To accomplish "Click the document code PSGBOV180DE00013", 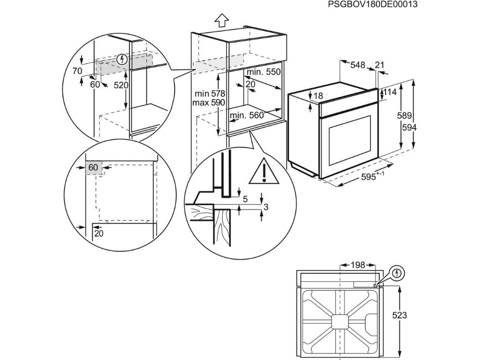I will pos(372,4).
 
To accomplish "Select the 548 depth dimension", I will pos(358,66).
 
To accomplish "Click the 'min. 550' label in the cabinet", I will pos(263,72).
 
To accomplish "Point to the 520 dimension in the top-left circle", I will pos(121,85).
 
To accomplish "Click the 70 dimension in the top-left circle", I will pos(77,71).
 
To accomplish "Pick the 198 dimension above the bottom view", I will pos(357,265).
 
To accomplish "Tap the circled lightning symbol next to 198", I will pos(397,272).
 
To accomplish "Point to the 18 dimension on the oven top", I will pos(318,96).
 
